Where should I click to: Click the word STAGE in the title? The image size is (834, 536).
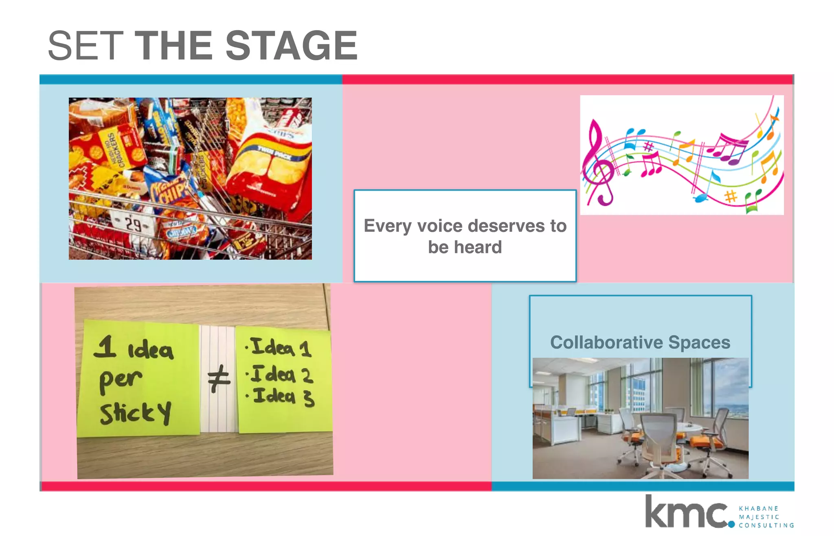(x=291, y=46)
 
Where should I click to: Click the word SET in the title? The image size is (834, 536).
(x=86, y=46)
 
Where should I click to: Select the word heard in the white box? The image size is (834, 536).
(x=478, y=247)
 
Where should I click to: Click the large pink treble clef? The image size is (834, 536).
(x=597, y=163)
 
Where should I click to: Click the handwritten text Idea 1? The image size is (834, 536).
(x=281, y=347)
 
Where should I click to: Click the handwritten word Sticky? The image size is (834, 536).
(x=135, y=413)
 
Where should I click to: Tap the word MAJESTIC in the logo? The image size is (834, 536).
(x=759, y=517)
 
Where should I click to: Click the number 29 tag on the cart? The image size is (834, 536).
(x=133, y=224)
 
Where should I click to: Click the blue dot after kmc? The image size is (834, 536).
(x=731, y=525)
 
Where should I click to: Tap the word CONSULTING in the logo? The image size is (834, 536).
(x=766, y=525)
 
